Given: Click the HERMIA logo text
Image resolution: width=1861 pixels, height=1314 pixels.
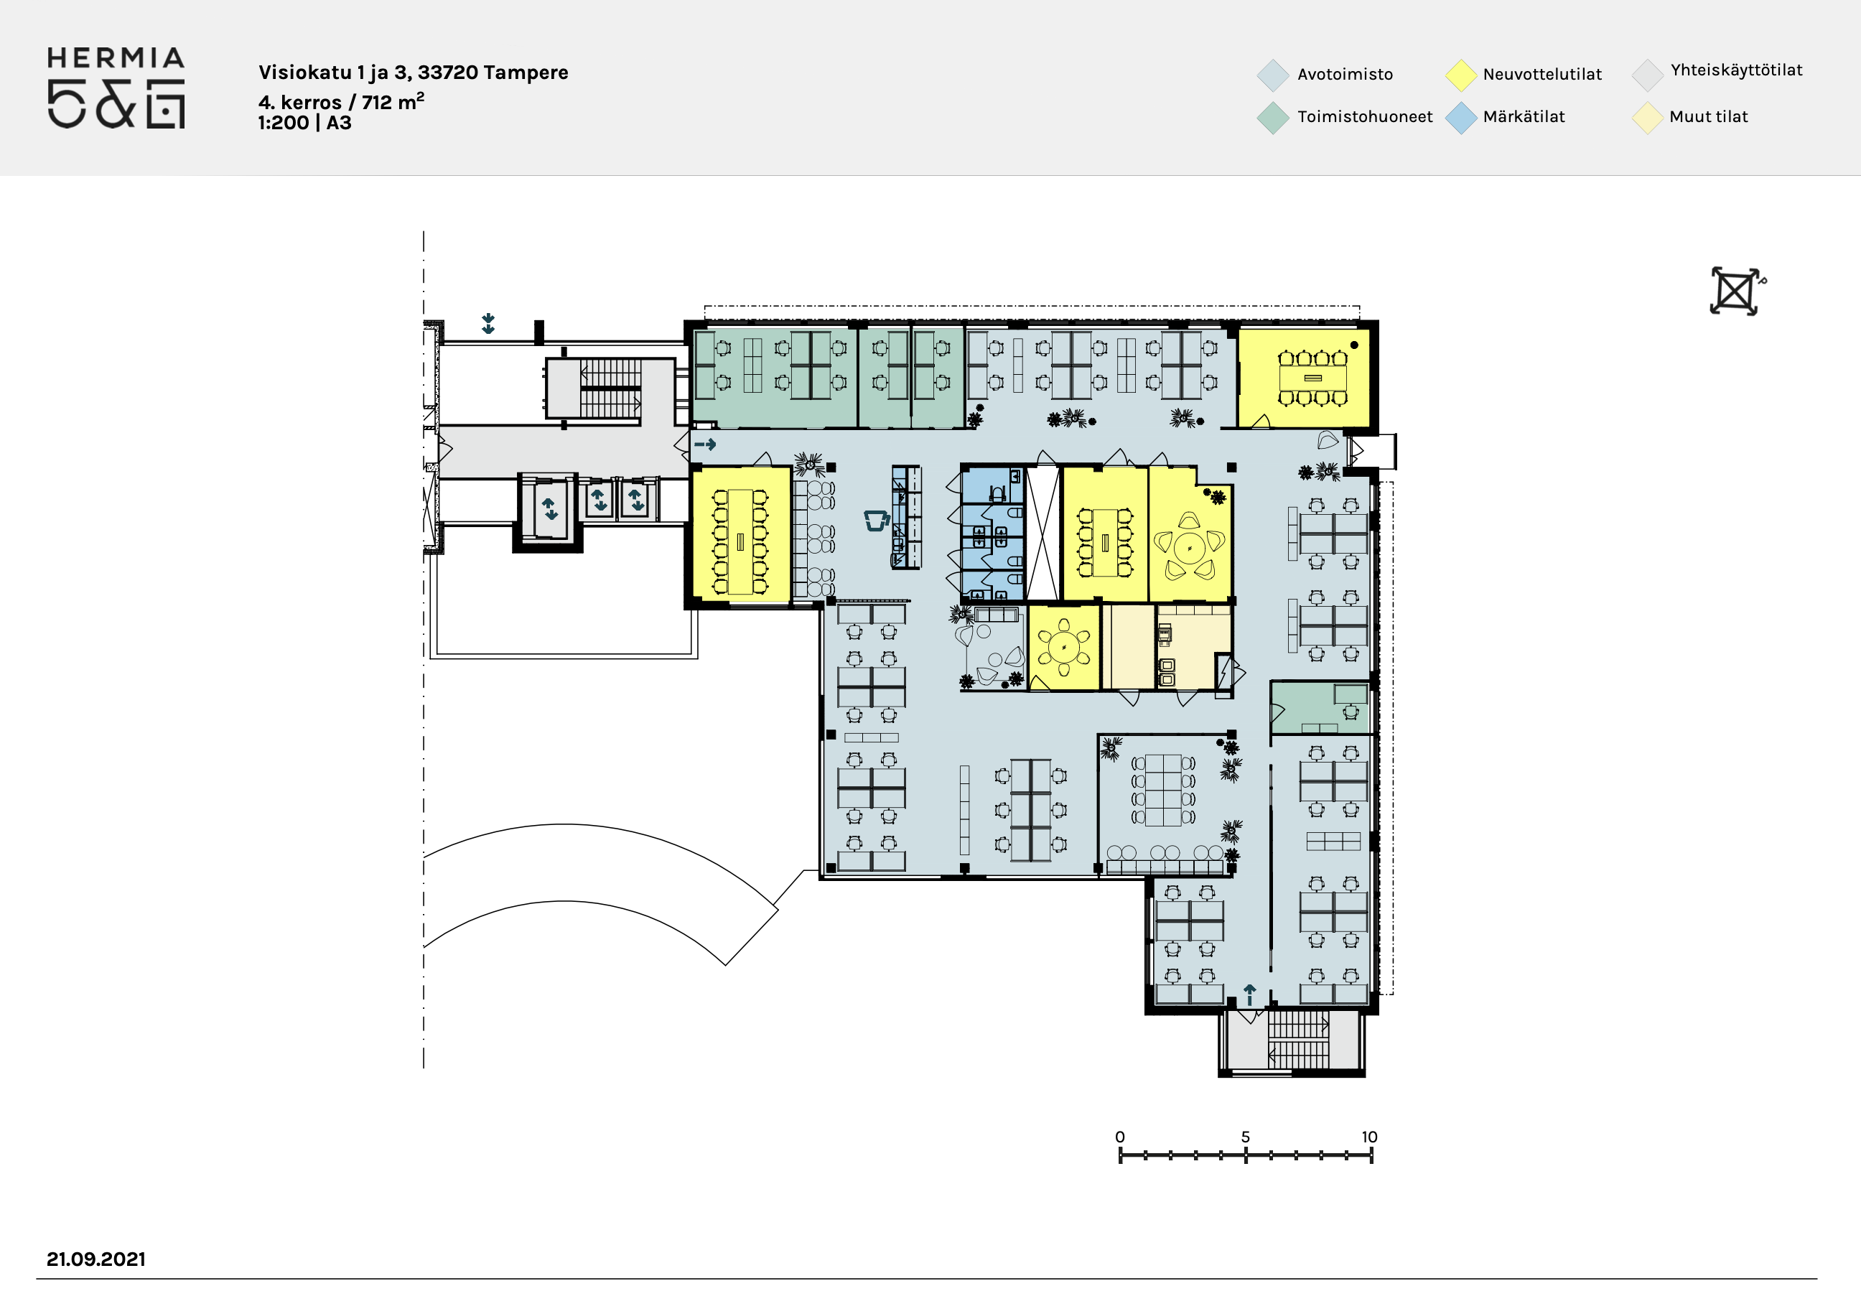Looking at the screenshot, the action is (x=116, y=58).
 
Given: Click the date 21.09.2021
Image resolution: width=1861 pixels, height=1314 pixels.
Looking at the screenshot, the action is (x=95, y=1259).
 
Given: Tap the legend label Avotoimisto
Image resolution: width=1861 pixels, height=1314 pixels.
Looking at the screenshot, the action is (x=1345, y=75).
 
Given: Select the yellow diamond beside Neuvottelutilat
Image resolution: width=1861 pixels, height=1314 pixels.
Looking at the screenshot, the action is (x=1460, y=75).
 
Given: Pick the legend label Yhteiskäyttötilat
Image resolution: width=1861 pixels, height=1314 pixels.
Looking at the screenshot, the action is (x=1736, y=70).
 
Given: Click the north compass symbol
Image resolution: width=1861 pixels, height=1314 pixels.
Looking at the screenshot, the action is (x=1735, y=291).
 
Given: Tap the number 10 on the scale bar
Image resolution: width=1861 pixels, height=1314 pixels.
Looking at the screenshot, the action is (x=1369, y=1137).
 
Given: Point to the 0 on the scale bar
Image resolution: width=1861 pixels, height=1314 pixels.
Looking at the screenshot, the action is (x=1120, y=1137).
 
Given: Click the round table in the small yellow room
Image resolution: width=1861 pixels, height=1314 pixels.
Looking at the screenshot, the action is (x=1064, y=648).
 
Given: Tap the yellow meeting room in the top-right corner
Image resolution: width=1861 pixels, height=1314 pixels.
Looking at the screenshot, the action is (x=1303, y=377).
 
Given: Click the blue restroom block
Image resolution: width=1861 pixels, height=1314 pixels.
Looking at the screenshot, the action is (x=993, y=535).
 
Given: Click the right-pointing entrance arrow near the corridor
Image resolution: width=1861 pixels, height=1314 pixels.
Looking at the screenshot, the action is (x=705, y=444).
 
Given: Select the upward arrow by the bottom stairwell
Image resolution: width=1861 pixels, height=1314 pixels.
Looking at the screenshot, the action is (x=1250, y=994).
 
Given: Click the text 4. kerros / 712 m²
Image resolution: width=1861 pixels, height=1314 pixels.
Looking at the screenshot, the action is (x=341, y=101).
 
